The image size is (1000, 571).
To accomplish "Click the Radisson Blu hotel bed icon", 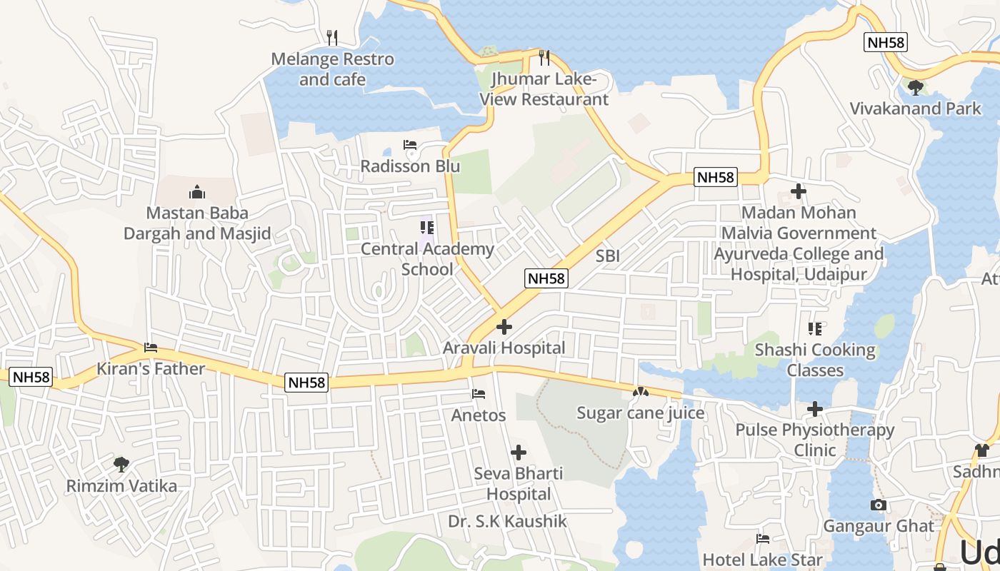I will point(410,145).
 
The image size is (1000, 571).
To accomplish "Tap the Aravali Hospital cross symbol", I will point(504,327).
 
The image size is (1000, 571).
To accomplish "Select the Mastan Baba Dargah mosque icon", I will point(197,191).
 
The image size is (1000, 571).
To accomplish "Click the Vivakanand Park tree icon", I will point(915,88).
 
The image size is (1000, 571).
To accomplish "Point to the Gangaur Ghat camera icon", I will point(879,505).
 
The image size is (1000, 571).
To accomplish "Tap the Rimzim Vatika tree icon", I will point(121,465).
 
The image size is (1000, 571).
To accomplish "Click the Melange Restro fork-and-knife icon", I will point(332,38).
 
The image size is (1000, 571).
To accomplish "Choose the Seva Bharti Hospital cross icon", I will point(519,453).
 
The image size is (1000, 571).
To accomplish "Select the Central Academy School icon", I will point(427,228).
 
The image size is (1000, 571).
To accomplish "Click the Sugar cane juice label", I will point(640,413).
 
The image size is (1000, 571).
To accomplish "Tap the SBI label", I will point(608,256).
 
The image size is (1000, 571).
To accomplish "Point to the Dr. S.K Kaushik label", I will point(507,521).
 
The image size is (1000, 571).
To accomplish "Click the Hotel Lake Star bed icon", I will point(763,539).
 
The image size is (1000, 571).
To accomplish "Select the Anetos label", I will point(479,415).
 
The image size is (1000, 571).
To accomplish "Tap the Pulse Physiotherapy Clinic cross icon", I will point(815,409).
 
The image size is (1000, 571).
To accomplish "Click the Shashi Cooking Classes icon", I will point(815,329).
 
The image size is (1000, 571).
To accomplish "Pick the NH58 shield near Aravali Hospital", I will point(546,278).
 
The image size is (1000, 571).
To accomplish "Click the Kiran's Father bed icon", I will point(151,348).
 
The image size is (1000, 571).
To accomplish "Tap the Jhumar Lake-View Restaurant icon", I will point(544,57).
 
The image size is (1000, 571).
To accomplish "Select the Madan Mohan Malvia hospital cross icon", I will point(799,191).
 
